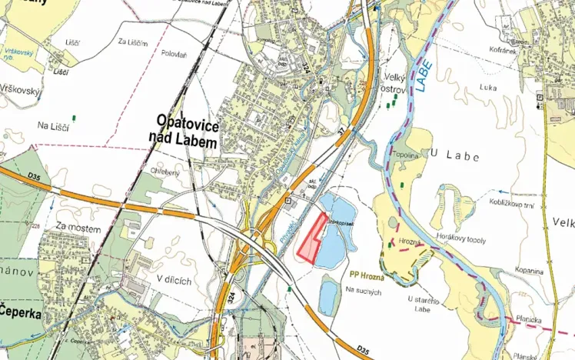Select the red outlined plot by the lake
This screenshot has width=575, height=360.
tap(311, 239)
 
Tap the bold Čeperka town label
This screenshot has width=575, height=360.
tap(21, 312)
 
